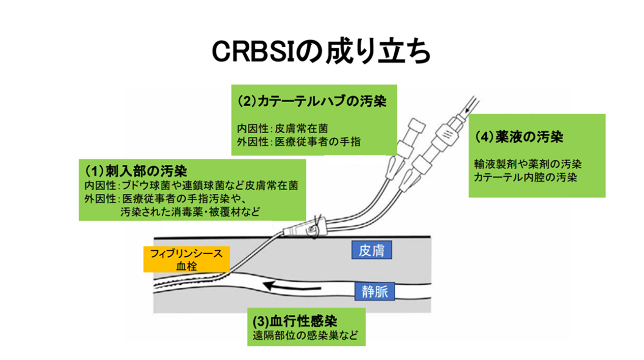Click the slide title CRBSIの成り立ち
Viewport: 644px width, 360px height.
click(x=321, y=51)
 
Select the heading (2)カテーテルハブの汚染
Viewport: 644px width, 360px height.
click(x=312, y=101)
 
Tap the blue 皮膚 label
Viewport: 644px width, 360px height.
click(x=371, y=251)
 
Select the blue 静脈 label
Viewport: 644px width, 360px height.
click(x=374, y=291)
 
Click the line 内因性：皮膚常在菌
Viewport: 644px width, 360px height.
click(x=285, y=128)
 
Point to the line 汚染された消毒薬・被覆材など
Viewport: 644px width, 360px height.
click(x=190, y=212)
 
